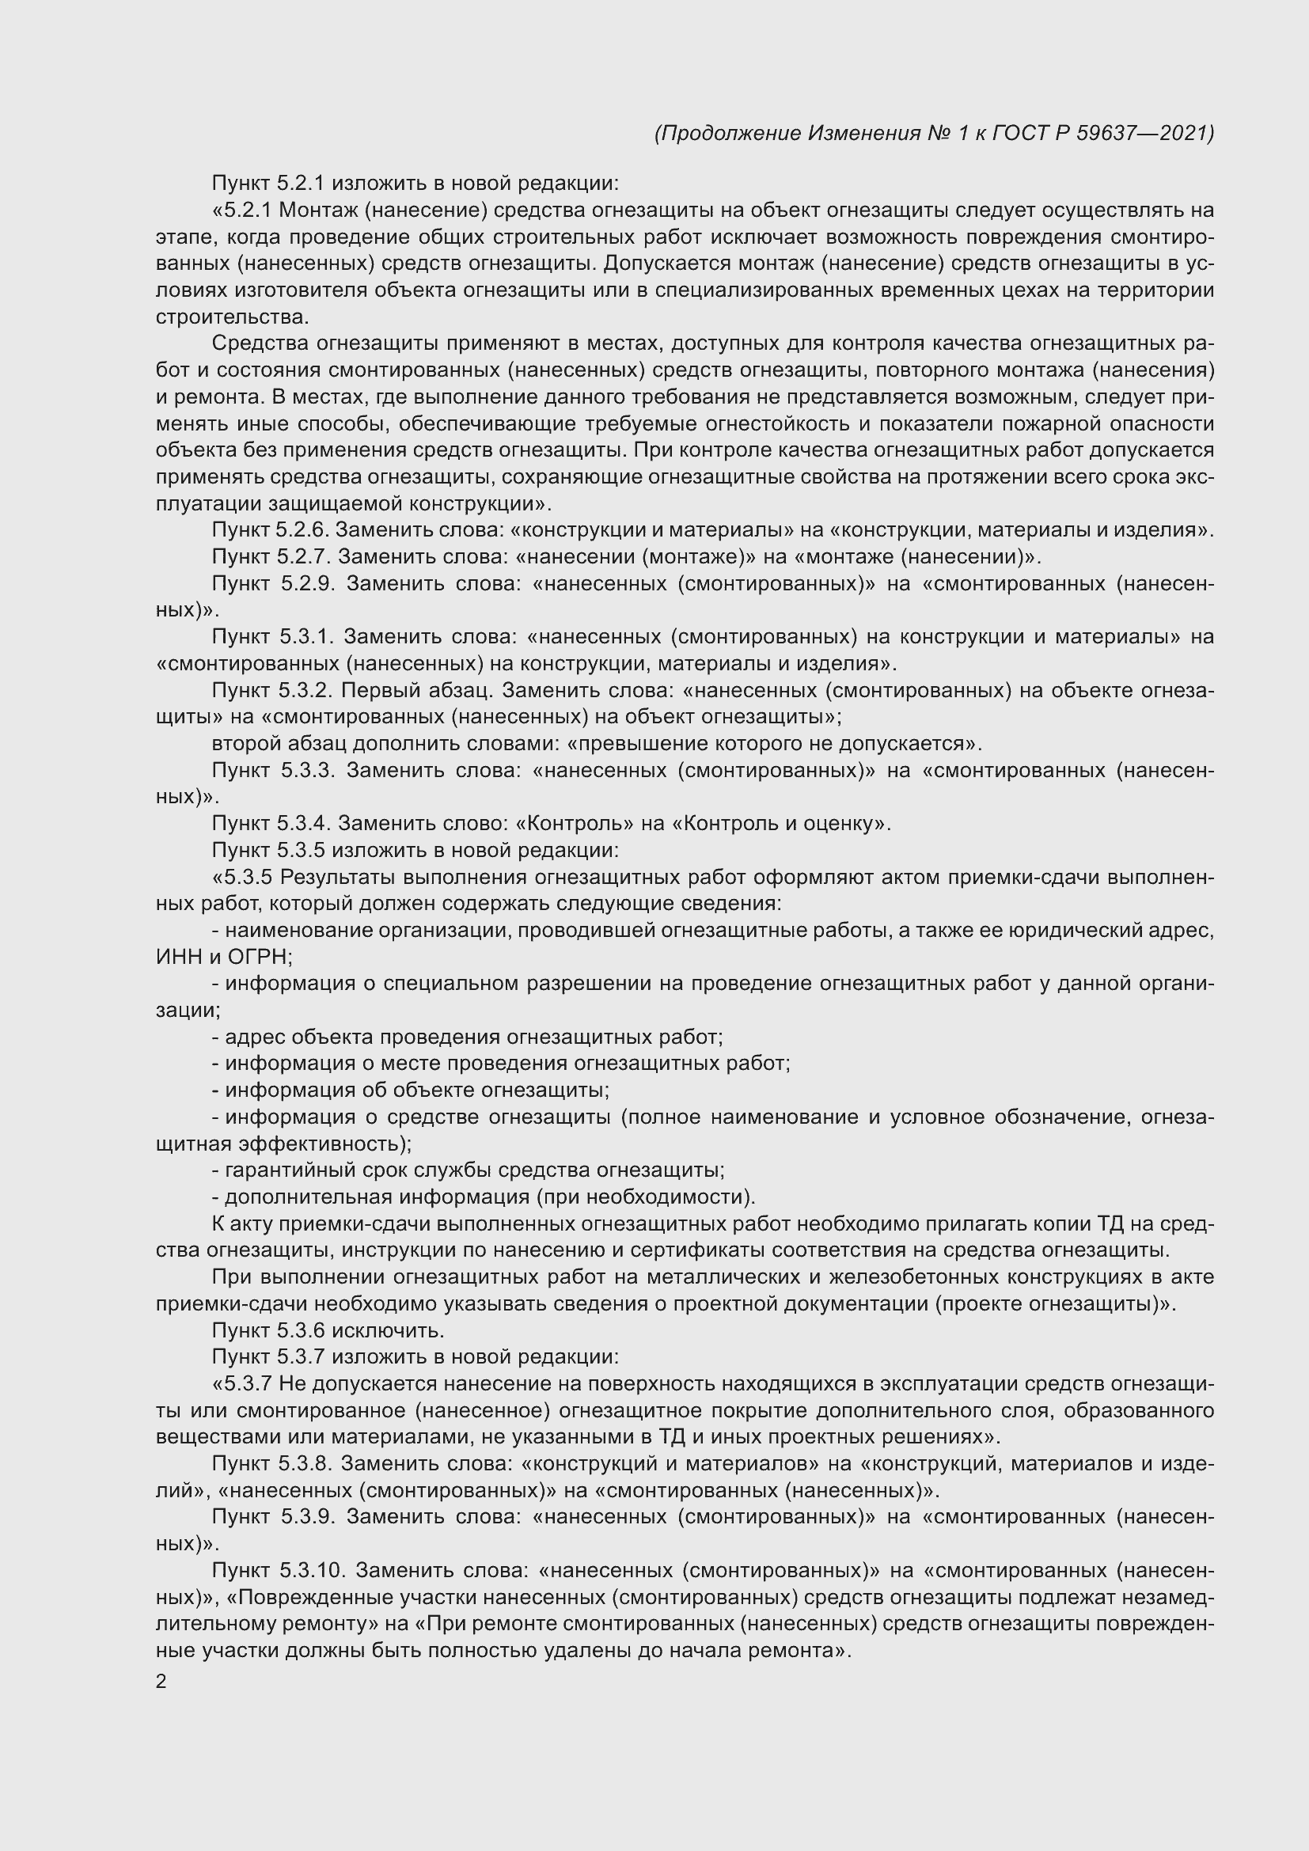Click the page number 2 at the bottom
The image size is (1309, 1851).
click(161, 1681)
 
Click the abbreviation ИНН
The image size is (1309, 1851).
click(177, 957)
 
